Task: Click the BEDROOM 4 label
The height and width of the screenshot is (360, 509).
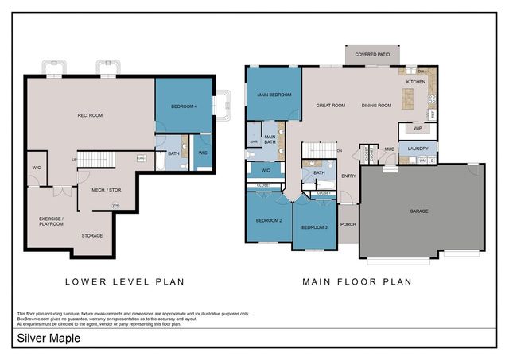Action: [184, 106]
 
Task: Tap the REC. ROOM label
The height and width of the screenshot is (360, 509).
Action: [90, 116]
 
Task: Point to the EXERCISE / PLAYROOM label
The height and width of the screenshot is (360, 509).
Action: [52, 220]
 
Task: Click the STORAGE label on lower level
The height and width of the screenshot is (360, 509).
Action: [92, 236]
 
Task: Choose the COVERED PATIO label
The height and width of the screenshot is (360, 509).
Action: [372, 54]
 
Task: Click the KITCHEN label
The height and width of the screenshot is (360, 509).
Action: [416, 82]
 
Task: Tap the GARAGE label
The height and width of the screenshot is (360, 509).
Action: [420, 211]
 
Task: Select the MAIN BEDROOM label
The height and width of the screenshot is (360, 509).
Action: [274, 95]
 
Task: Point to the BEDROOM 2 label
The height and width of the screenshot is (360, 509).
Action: [269, 220]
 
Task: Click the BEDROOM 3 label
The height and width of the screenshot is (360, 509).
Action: [314, 228]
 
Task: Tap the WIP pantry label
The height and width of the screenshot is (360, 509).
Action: [417, 127]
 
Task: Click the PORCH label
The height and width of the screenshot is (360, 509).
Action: [348, 224]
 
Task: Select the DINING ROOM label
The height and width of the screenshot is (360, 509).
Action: [376, 105]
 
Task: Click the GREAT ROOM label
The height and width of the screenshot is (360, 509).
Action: [329, 105]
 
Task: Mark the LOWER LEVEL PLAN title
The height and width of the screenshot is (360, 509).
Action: [125, 281]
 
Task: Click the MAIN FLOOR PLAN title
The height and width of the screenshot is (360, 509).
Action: [356, 281]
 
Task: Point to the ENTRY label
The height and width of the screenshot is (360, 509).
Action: [348, 176]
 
